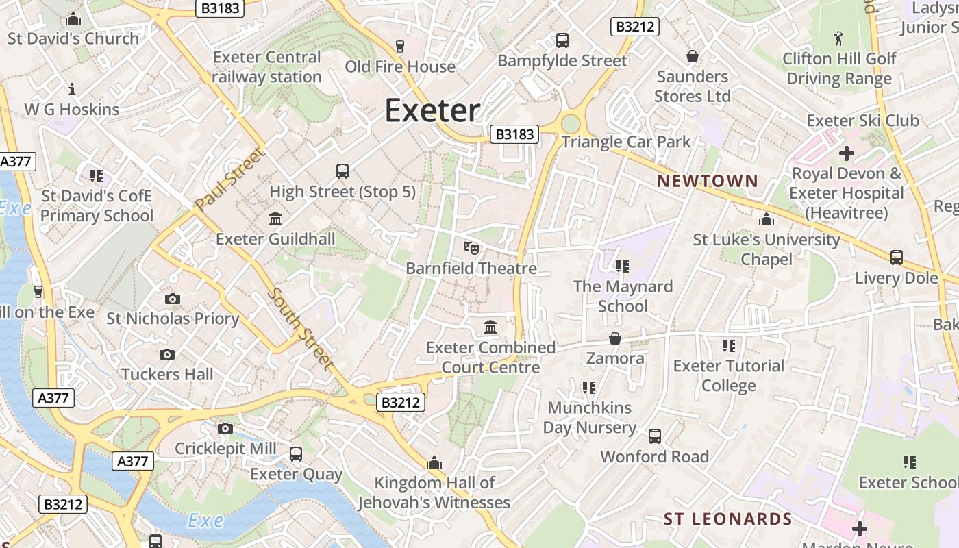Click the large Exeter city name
tap(432, 110)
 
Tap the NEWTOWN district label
tap(708, 181)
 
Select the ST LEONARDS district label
tap(727, 519)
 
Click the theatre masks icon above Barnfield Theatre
tap(471, 248)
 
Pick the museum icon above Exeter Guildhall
tap(275, 219)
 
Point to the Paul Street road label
tap(229, 179)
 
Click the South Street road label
tap(301, 329)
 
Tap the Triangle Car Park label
tap(626, 142)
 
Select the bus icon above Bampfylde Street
tap(562, 40)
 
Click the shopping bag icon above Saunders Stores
tap(693, 56)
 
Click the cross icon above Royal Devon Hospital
tap(847, 153)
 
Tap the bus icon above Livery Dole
tap(896, 258)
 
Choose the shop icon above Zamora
tap(615, 338)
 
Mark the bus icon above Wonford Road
tap(655, 436)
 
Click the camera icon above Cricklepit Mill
tap(225, 429)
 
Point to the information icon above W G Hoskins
tap(72, 89)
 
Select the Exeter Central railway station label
tap(266, 67)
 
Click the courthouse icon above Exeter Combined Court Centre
tap(490, 327)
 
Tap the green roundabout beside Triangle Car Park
tap(570, 124)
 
